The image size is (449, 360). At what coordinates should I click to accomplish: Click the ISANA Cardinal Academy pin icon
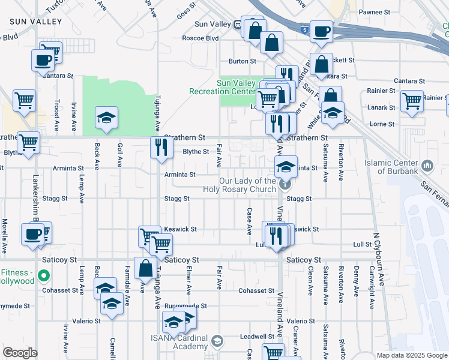[217, 342]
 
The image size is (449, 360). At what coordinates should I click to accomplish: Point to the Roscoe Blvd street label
[200, 38]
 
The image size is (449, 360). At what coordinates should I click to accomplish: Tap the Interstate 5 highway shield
[307, 29]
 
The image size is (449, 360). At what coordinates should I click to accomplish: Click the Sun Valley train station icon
[238, 25]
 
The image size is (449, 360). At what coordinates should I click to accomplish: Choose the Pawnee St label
[374, 12]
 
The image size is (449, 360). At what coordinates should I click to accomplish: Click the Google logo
[20, 353]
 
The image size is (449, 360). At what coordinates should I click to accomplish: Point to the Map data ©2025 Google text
[411, 355]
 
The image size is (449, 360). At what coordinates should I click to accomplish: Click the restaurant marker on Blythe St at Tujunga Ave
[161, 148]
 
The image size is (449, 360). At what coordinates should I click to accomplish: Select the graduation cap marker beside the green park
[106, 118]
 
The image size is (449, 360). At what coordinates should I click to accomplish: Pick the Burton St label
[243, 61]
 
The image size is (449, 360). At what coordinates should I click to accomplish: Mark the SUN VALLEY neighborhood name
[36, 22]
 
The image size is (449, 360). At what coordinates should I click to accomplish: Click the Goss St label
[187, 11]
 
